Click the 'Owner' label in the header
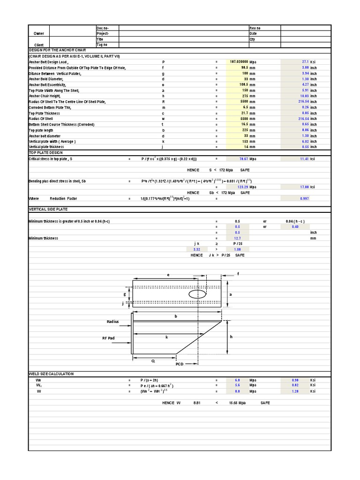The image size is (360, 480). click(x=39, y=34)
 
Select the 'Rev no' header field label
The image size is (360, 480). click(x=255, y=28)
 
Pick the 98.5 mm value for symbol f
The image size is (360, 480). click(x=244, y=67)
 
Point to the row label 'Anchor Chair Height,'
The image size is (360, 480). click(x=47, y=96)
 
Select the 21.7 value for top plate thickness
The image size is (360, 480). click(x=244, y=113)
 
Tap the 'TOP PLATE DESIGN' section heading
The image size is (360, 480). click(x=46, y=153)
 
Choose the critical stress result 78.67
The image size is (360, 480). click(x=243, y=159)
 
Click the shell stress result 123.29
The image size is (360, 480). click(x=242, y=187)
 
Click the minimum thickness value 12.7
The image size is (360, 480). click(x=237, y=238)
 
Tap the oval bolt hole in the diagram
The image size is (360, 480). click(x=197, y=293)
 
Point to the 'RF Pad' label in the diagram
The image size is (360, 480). click(x=108, y=337)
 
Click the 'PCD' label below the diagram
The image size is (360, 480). click(x=180, y=364)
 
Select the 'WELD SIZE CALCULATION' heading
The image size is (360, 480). click(x=51, y=374)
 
